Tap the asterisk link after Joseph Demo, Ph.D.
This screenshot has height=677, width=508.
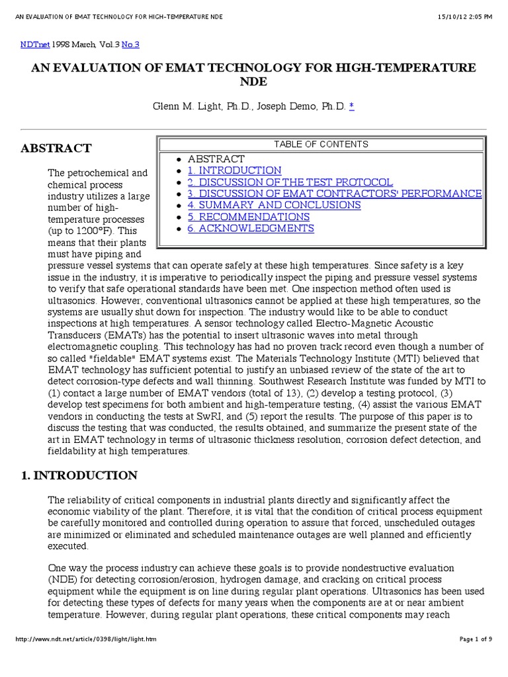pos(351,106)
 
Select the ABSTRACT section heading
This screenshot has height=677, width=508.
pos(56,148)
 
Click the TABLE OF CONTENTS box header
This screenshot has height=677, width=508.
pos(321,144)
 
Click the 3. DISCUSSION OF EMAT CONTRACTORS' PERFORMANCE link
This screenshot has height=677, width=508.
pos(334,194)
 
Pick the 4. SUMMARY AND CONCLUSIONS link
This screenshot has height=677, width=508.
pos(274,205)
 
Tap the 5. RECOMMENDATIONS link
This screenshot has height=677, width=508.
pos(248,217)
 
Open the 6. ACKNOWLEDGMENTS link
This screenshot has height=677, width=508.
pos(251,228)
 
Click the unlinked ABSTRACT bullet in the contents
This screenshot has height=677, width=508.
pos(216,159)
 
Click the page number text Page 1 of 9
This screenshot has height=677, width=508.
pos(476,640)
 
